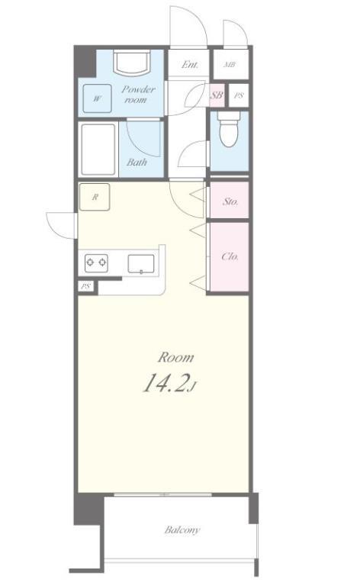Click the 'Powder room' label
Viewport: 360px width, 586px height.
138,95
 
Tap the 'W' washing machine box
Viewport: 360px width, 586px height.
97,98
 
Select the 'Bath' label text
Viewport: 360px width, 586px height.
137,162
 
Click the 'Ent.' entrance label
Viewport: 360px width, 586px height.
190,65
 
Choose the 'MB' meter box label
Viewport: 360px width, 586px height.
229,65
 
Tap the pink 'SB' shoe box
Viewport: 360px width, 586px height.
216,95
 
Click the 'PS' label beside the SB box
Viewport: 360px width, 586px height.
239,95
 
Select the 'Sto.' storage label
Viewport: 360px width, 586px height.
230,202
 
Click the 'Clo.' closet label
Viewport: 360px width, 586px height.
230,256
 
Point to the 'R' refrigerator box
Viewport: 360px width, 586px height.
95,197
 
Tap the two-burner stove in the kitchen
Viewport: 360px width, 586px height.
96,263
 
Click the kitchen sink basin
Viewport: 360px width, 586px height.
142,263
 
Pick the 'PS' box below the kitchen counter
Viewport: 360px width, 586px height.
85,287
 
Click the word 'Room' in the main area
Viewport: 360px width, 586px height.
175,357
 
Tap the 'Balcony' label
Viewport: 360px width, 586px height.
182,530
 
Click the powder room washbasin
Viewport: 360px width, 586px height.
132,63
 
